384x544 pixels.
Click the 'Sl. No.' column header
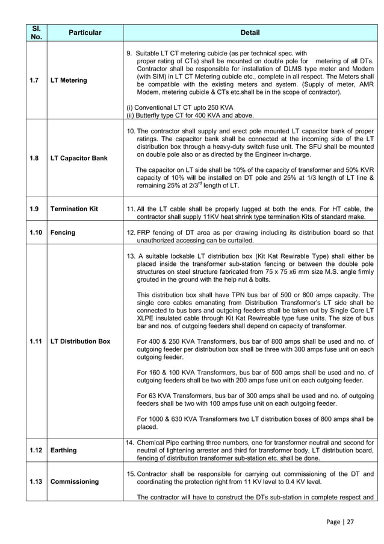36,32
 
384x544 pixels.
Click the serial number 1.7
36,80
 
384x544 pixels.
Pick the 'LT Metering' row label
69,80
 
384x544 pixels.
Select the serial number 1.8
36,158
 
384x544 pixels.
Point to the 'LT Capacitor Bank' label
79,158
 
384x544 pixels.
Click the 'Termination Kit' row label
74,209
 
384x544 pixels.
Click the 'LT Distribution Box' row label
81,341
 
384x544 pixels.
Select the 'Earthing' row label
64,450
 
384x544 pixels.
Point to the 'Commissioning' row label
75,481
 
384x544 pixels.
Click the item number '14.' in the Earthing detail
129,442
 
